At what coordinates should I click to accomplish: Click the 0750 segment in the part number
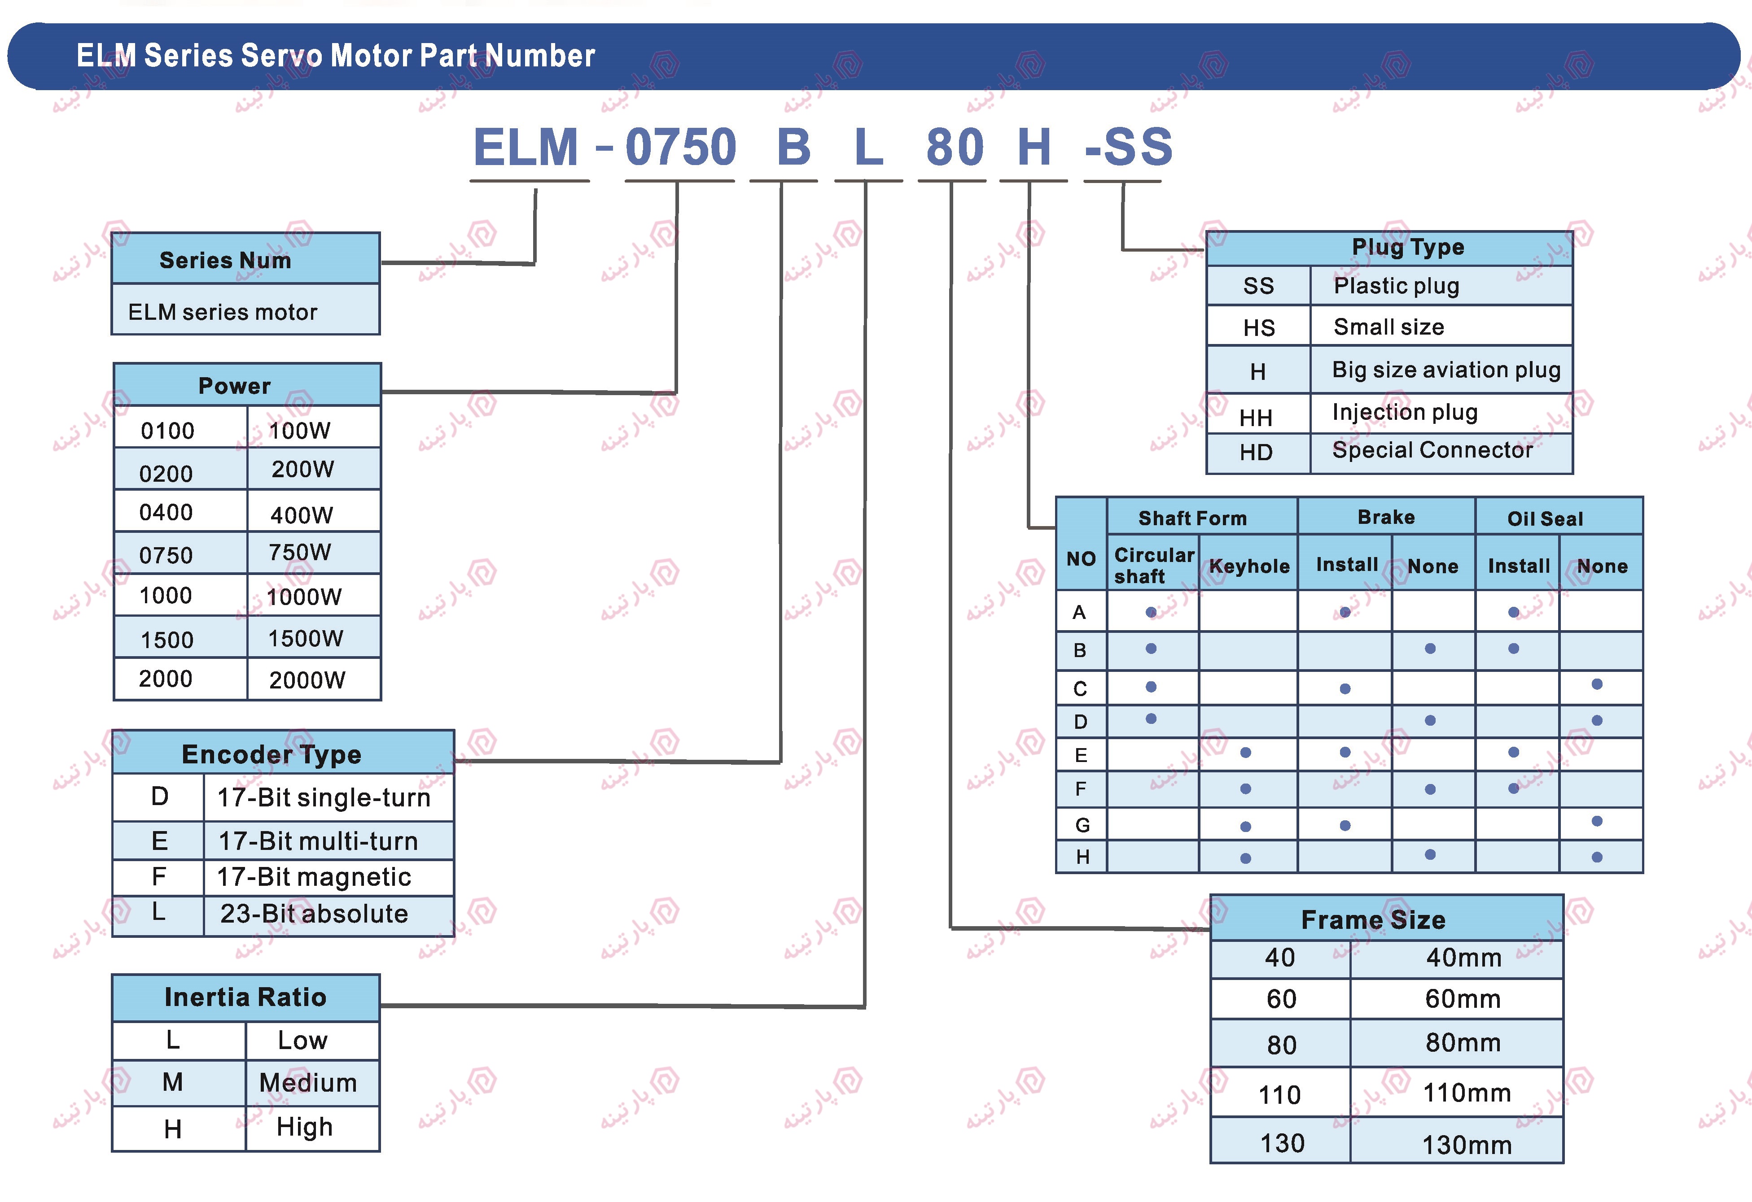(x=680, y=147)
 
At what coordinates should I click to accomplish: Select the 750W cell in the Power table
(x=300, y=553)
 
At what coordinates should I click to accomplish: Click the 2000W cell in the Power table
(x=307, y=680)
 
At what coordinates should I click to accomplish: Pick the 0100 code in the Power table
(x=167, y=431)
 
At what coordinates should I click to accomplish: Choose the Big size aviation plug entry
(x=1446, y=370)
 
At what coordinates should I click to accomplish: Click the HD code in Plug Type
(x=1256, y=452)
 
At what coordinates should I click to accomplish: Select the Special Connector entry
(x=1432, y=451)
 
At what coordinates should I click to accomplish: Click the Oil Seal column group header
(x=1545, y=518)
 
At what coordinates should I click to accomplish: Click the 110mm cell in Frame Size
(x=1466, y=1093)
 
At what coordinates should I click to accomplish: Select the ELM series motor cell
(x=223, y=312)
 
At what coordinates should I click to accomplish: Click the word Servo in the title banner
(x=281, y=56)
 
